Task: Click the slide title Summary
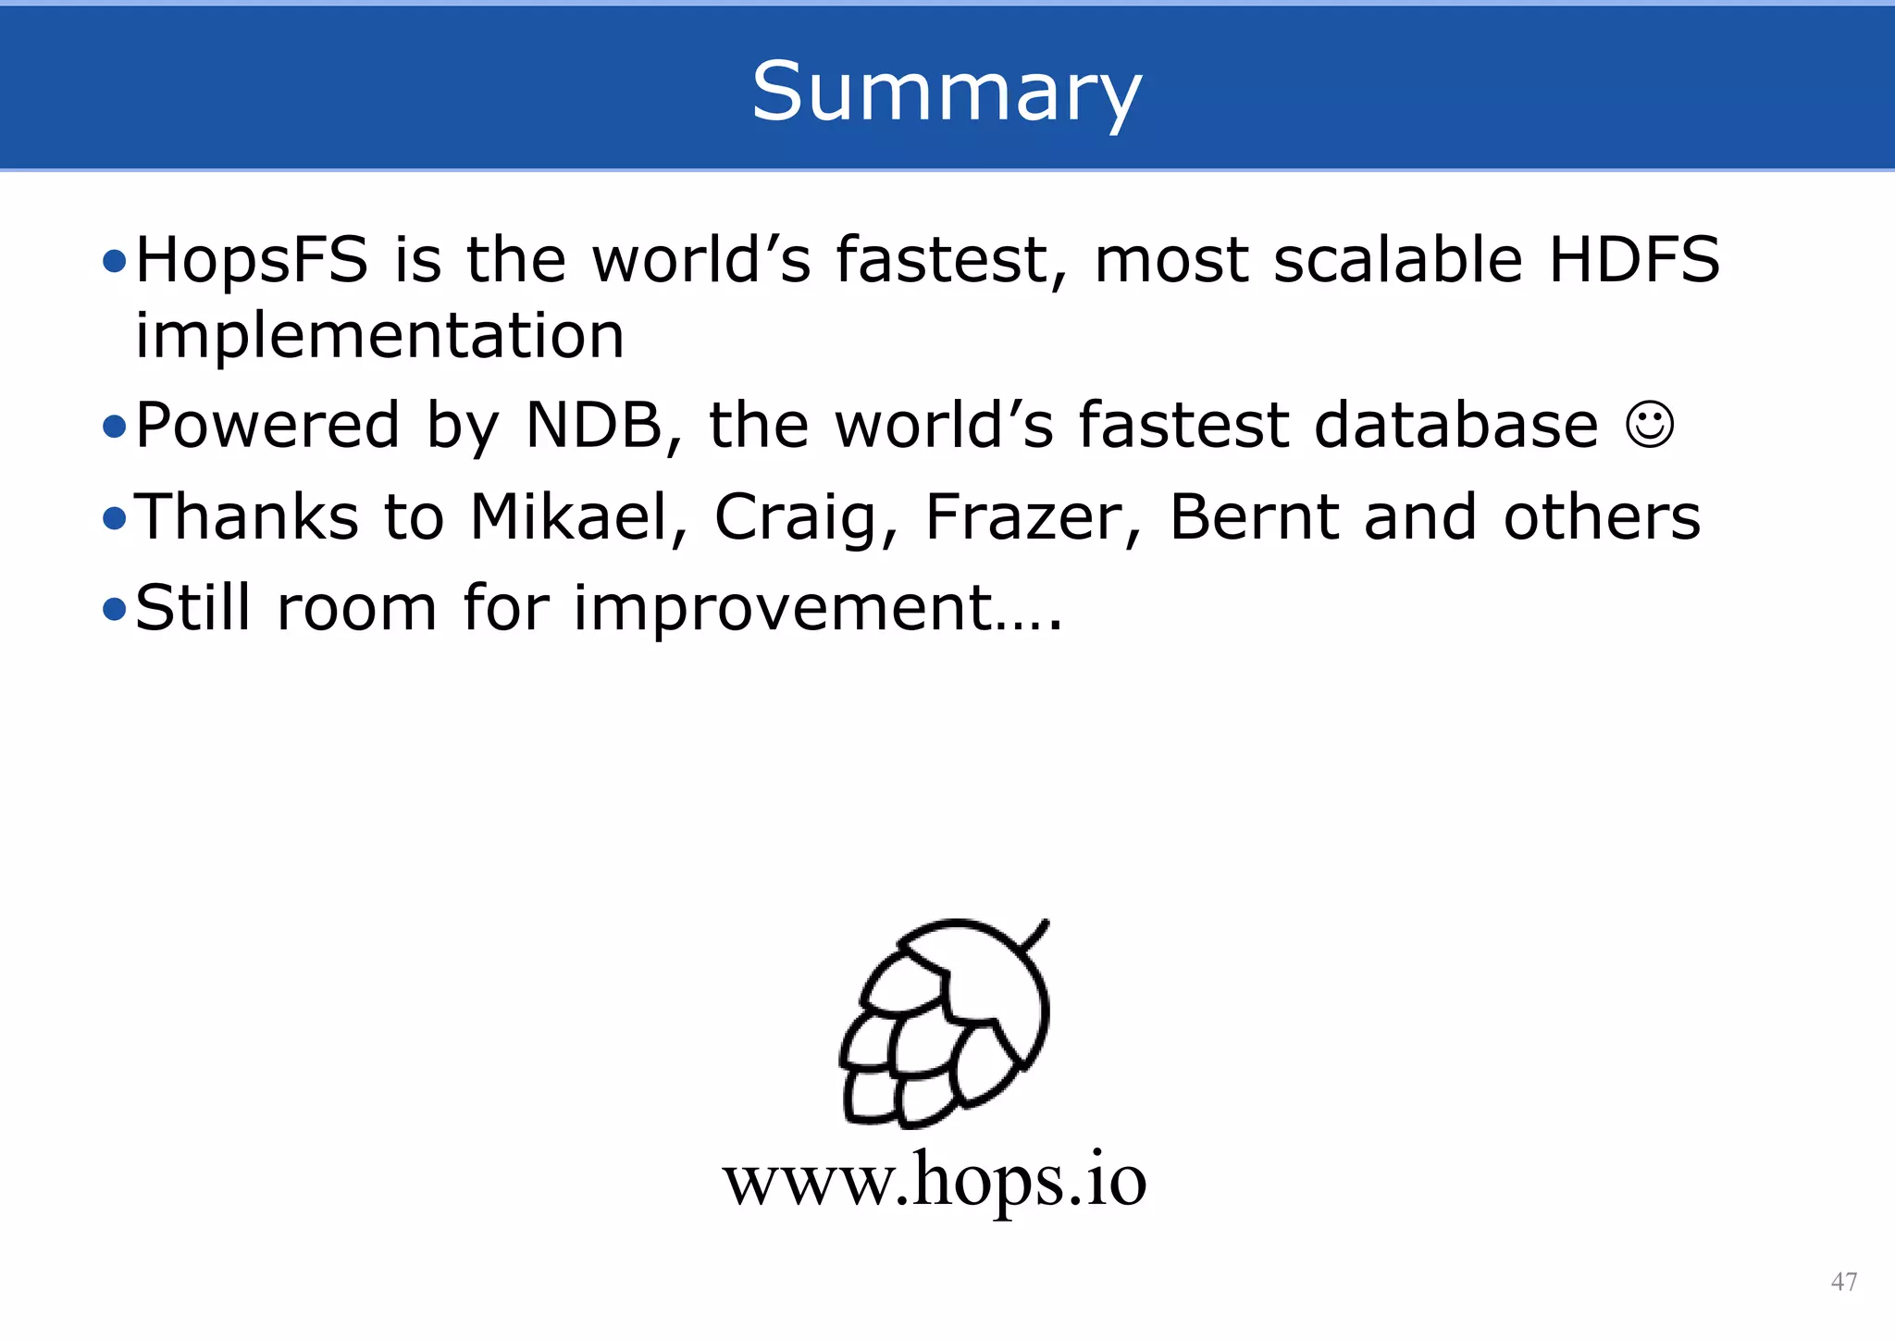pyautogui.click(x=947, y=91)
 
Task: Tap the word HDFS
pyautogui.click(x=1634, y=259)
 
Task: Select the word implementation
pyautogui.click(x=379, y=335)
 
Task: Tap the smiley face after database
pyautogui.click(x=1650, y=426)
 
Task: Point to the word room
pyautogui.click(x=356, y=609)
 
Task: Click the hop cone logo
pyautogui.click(x=944, y=1023)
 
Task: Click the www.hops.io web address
pyautogui.click(x=935, y=1180)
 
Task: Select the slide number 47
pyautogui.click(x=1843, y=1282)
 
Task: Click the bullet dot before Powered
pyautogui.click(x=114, y=427)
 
